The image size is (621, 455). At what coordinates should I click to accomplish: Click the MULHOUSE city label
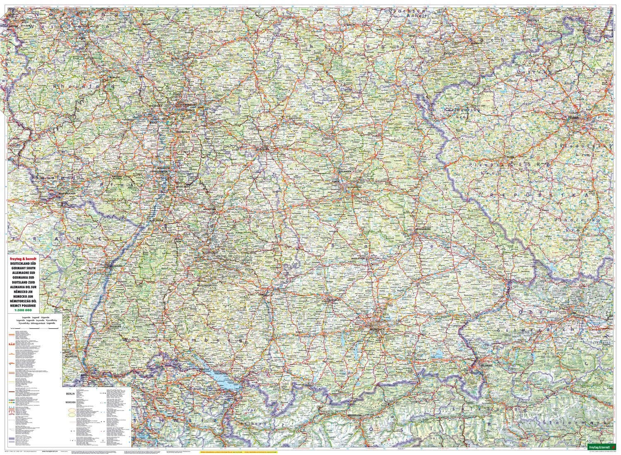coord(71,356)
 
